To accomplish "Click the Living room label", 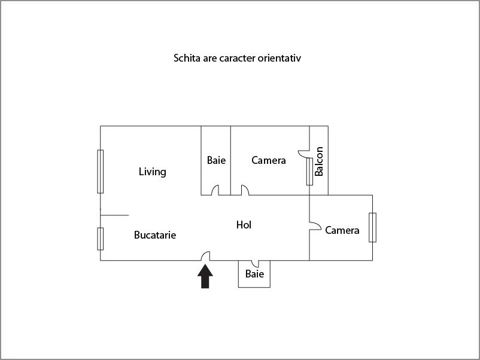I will pos(152,172).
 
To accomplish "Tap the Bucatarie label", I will pos(155,236).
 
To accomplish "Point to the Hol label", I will pos(244,225).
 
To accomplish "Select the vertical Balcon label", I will pos(319,161).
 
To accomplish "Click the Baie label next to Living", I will pos(217,160).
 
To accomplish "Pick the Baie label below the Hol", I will pos(254,274).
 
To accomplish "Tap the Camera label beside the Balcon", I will pos(269,160).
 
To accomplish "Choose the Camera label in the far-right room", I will pos(342,230).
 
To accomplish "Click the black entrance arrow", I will pos(205,277).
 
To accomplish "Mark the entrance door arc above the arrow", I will pos(205,255).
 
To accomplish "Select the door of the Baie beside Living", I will pos(215,190).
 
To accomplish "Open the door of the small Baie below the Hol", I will pos(254,263).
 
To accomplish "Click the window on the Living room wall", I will pos(101,172).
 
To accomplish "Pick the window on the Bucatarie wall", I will pos(101,239).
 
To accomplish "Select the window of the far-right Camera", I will pos(372,227).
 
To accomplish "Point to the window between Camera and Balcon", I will pos(309,172).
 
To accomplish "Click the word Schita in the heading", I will pos(187,59).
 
